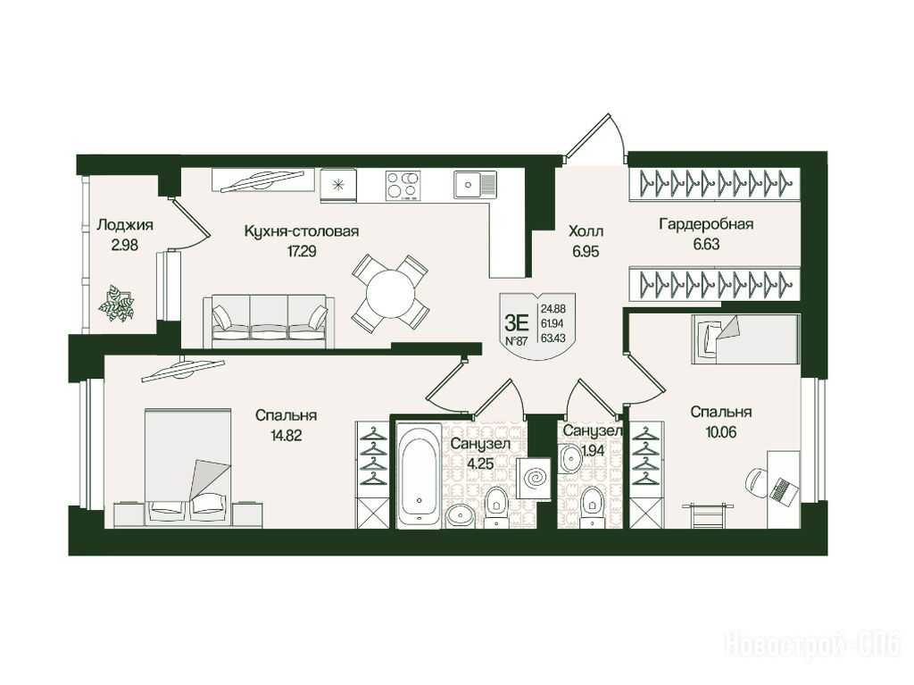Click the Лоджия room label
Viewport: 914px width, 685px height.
click(125, 225)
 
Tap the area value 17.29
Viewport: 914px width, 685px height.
click(302, 252)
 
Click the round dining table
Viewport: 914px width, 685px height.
click(390, 293)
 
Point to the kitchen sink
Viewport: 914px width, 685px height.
click(475, 185)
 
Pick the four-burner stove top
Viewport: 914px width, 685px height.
click(403, 185)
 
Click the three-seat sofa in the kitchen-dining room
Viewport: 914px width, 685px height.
click(270, 322)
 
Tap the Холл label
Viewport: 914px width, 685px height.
click(586, 231)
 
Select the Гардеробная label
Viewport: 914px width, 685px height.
click(706, 224)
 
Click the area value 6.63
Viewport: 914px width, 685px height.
click(706, 245)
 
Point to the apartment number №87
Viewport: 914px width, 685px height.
click(516, 341)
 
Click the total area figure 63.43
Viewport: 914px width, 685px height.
click(553, 338)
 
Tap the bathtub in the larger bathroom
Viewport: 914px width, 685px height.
click(420, 476)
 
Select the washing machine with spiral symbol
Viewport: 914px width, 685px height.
click(533, 478)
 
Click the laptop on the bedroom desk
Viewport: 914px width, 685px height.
click(782, 489)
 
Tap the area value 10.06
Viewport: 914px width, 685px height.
click(721, 432)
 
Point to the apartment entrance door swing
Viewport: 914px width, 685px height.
click(595, 136)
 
